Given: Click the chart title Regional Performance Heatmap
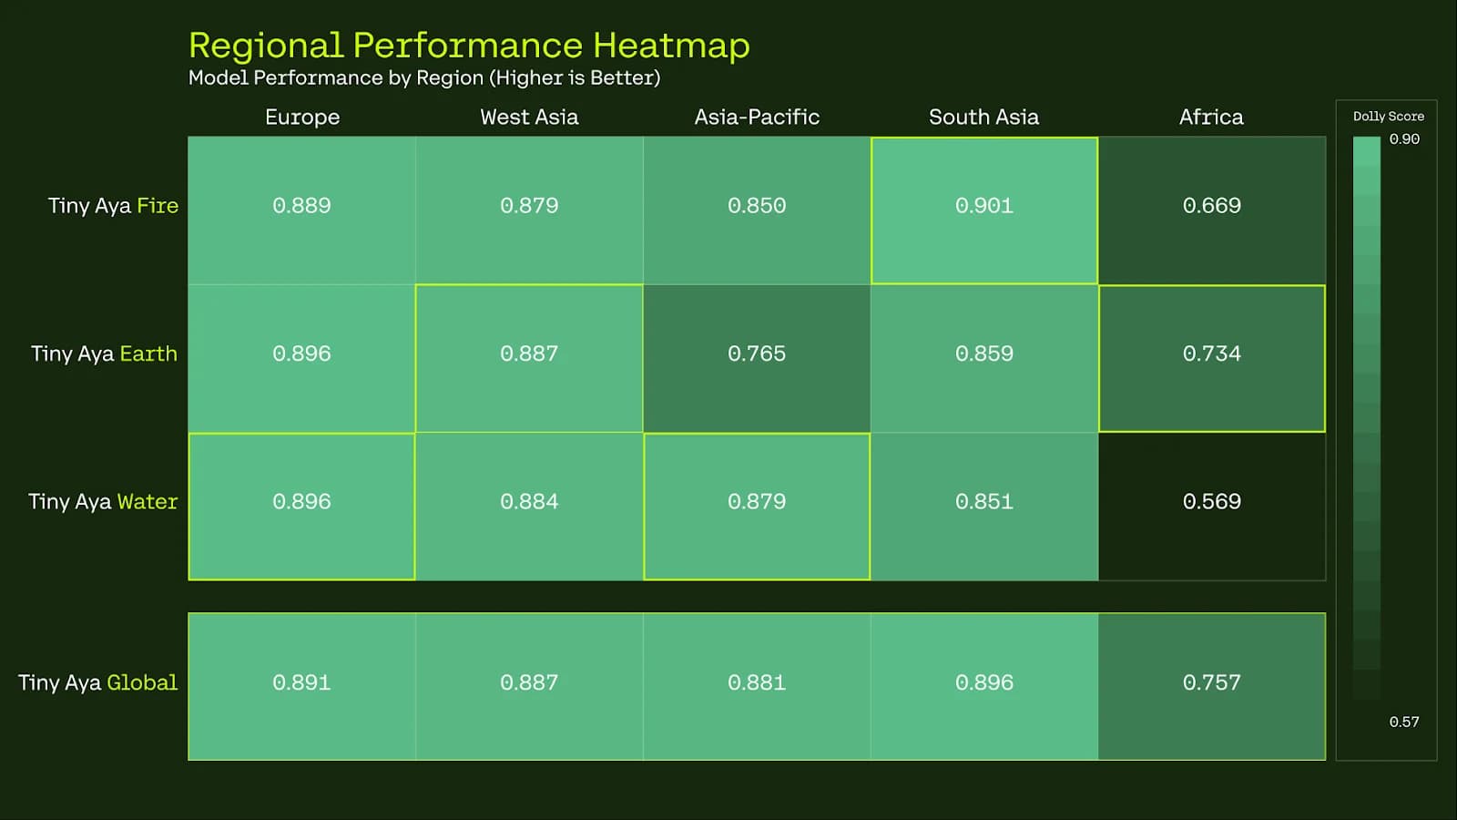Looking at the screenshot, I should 469,46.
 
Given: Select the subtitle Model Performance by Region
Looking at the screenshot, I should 424,78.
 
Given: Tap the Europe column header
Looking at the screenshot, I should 302,118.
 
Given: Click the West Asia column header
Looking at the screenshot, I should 529,118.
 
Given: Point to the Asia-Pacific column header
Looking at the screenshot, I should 757,118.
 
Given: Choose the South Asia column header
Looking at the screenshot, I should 983,118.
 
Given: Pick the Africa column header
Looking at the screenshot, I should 1211,118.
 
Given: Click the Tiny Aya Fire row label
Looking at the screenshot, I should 113,206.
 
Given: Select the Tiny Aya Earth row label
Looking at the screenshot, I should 104,354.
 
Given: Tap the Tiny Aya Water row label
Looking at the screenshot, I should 103,502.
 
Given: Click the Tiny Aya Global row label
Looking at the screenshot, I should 98,683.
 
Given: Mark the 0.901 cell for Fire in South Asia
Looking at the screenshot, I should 984,206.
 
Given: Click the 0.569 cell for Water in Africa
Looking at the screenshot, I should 1212,502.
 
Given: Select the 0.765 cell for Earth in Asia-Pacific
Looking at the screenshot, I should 757,354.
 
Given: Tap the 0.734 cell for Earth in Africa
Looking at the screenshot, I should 1212,354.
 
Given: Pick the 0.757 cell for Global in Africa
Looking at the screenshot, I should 1212,683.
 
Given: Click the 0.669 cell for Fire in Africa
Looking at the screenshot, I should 1212,206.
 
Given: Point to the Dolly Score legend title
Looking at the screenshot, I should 1388,117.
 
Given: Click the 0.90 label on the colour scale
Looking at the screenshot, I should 1404,139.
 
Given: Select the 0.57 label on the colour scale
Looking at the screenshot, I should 1404,723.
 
